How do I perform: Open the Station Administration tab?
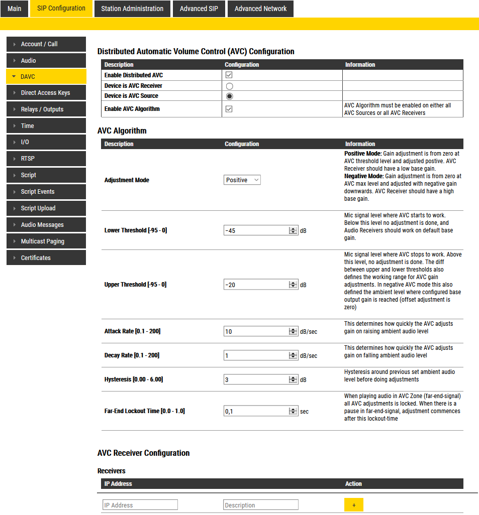pyautogui.click(x=132, y=9)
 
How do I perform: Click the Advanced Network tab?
pyautogui.click(x=260, y=9)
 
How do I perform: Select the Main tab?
pyautogui.click(x=15, y=9)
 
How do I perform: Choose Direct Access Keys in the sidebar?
pyautogui.click(x=46, y=93)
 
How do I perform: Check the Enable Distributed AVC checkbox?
pyautogui.click(x=229, y=75)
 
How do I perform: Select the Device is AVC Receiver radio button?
pyautogui.click(x=229, y=86)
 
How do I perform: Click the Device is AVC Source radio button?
pyautogui.click(x=229, y=96)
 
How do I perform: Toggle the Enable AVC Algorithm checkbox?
pyautogui.click(x=229, y=109)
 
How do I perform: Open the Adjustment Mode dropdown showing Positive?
pyautogui.click(x=242, y=180)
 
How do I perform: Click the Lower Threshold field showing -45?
pyautogui.click(x=256, y=230)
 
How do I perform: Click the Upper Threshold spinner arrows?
pyautogui.click(x=294, y=285)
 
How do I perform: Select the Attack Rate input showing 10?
pyautogui.click(x=256, y=331)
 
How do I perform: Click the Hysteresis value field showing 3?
pyautogui.click(x=256, y=379)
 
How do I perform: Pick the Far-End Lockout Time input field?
pyautogui.click(x=256, y=411)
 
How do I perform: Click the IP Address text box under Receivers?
pyautogui.click(x=140, y=505)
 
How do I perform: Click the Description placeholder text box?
pyautogui.click(x=260, y=505)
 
